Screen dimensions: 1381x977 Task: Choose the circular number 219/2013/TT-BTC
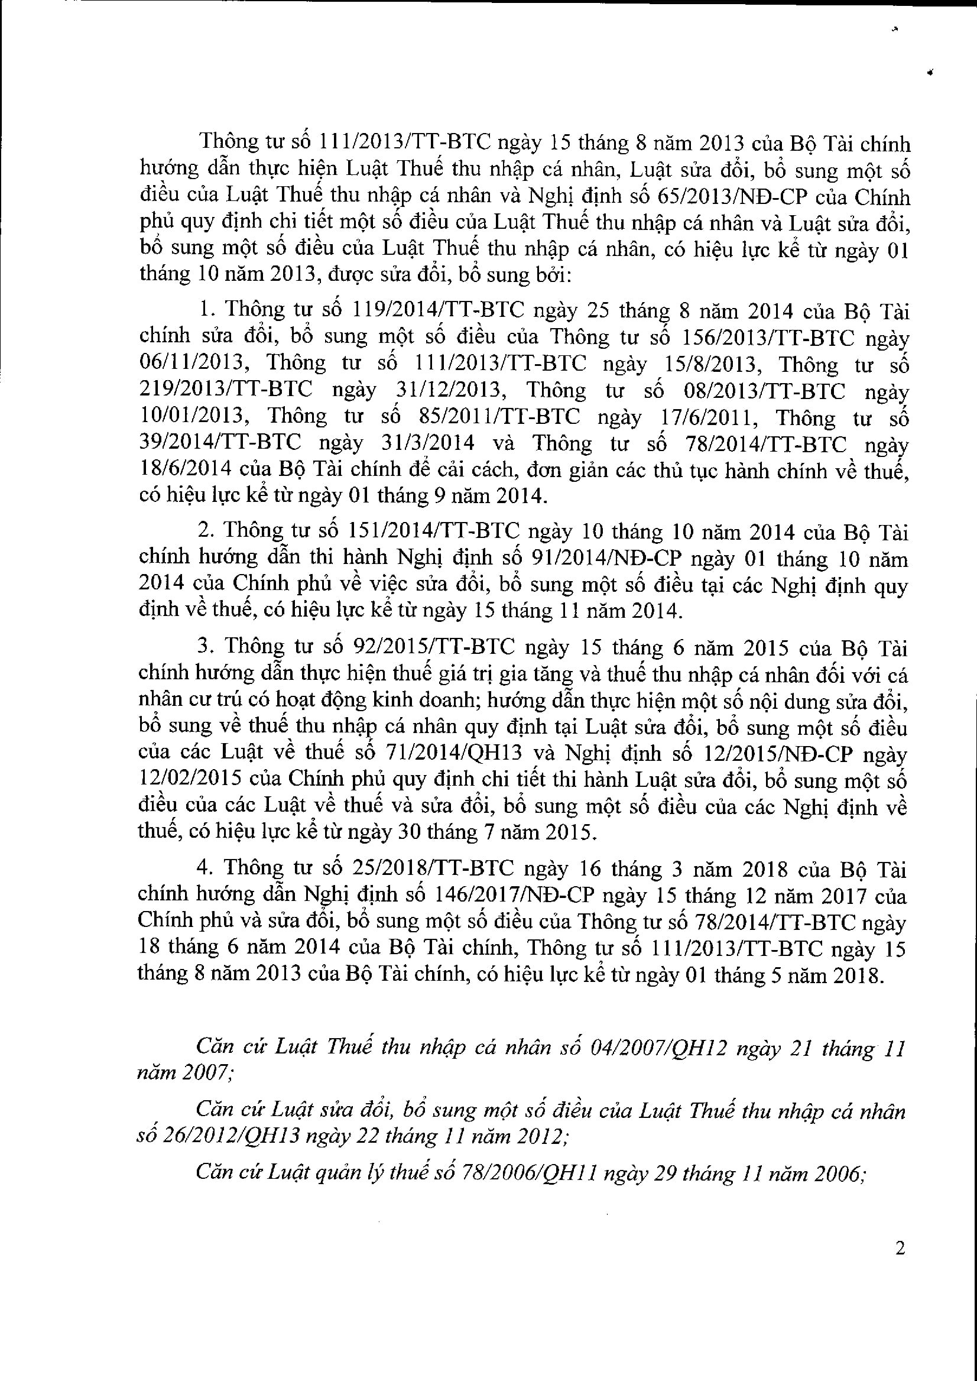tap(226, 390)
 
